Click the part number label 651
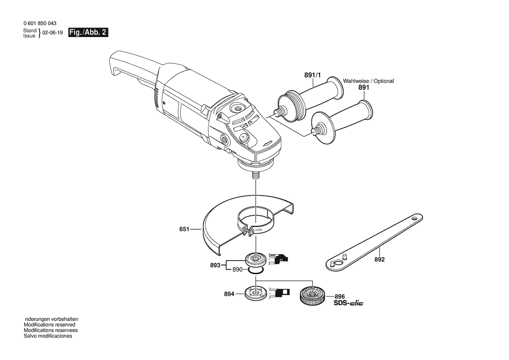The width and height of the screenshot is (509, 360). (x=185, y=228)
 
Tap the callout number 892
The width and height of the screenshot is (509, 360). (x=379, y=259)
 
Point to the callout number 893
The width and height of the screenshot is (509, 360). (x=216, y=264)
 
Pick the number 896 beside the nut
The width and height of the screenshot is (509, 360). (x=340, y=296)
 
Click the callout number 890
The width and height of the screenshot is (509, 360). (x=237, y=270)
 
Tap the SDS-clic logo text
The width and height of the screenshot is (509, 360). (x=348, y=303)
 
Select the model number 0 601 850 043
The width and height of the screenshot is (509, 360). (x=40, y=23)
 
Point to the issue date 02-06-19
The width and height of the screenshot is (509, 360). (x=53, y=33)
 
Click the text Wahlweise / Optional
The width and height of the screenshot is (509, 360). (x=368, y=81)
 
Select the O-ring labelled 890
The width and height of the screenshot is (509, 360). (x=256, y=271)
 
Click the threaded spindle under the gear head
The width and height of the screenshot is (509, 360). (x=256, y=176)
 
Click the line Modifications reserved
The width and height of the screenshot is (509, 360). (x=49, y=325)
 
